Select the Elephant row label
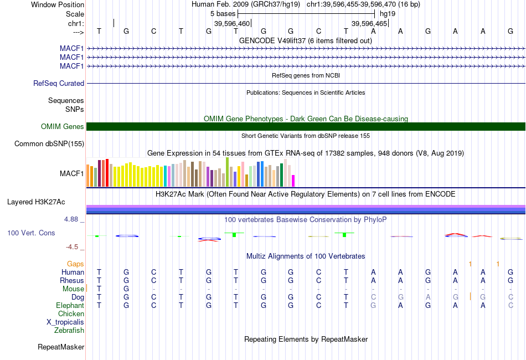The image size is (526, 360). [70, 306]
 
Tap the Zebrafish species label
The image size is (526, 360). [69, 331]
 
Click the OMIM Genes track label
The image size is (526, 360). [63, 127]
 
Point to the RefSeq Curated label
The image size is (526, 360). [59, 84]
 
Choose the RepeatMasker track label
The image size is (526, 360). [61, 347]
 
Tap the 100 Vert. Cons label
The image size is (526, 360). [31, 233]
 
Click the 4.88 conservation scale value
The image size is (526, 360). [71, 219]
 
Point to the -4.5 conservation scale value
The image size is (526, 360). [71, 247]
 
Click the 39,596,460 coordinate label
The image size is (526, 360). [232, 24]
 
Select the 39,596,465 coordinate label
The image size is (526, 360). [369, 24]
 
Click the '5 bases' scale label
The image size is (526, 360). [223, 13]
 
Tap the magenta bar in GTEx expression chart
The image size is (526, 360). [293, 181]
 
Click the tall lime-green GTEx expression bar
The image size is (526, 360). [228, 172]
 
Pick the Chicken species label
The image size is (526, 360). [71, 314]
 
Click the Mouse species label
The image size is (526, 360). [73, 289]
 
